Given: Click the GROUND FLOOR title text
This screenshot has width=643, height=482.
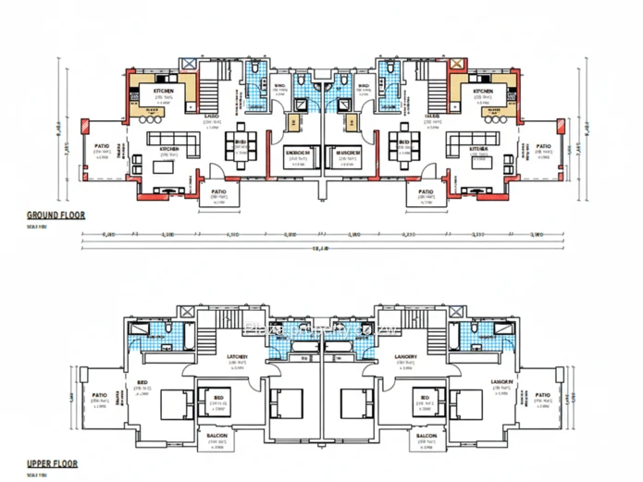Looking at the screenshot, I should pyautogui.click(x=56, y=215).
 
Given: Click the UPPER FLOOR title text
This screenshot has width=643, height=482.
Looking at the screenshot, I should pyautogui.click(x=52, y=463).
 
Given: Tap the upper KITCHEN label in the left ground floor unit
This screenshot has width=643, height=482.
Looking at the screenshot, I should pyautogui.click(x=165, y=92).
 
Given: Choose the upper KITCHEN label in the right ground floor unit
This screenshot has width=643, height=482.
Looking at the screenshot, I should pyautogui.click(x=482, y=92).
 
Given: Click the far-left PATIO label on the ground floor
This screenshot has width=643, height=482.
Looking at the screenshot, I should pyautogui.click(x=102, y=146).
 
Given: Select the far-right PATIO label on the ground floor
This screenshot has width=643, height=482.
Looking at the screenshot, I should pyautogui.click(x=543, y=146).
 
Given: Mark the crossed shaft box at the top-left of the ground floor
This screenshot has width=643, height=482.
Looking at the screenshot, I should pyautogui.click(x=189, y=63).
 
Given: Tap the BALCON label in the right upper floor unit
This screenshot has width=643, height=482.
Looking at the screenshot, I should pyautogui.click(x=427, y=436).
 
